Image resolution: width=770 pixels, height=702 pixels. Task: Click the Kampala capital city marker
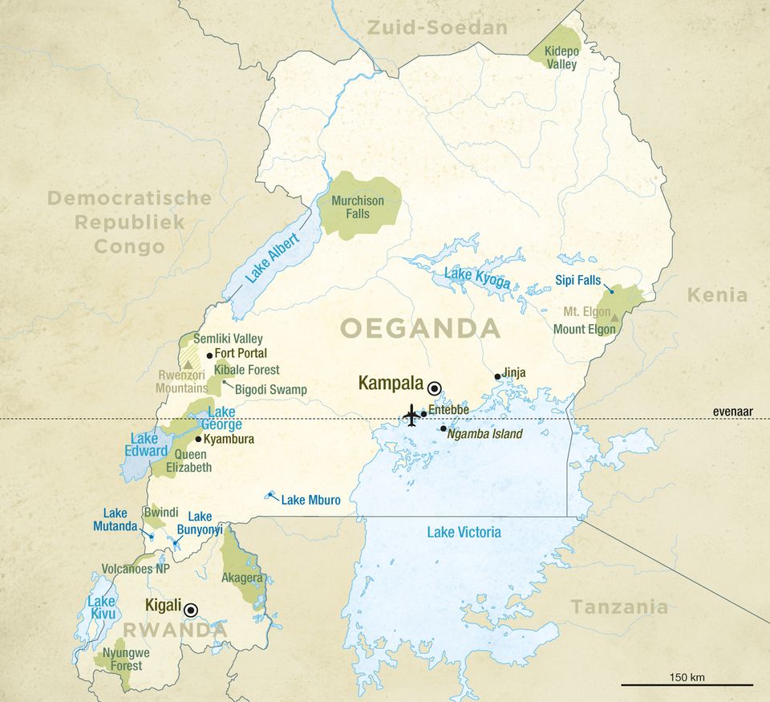[x=435, y=388]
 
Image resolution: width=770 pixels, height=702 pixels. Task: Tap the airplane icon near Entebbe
[x=411, y=416]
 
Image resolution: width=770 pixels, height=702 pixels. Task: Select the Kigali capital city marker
[x=191, y=610]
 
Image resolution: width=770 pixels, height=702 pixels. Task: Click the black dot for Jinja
[x=497, y=376]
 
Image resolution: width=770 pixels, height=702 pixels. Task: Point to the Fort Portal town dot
[x=209, y=355]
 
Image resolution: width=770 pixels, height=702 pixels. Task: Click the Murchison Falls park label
[x=358, y=207]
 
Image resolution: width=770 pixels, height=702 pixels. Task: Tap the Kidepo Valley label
[x=561, y=58]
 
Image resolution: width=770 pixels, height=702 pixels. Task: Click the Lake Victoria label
[x=464, y=532]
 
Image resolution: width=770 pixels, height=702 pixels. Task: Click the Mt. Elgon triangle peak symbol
[x=615, y=318]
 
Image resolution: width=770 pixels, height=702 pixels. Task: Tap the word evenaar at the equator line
[x=734, y=412]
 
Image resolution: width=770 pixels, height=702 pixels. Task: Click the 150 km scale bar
[x=687, y=684]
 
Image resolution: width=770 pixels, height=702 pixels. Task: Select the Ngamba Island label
[x=485, y=434]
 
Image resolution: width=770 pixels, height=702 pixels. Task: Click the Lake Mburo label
[x=310, y=500]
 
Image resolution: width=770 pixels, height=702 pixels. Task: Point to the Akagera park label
[x=241, y=577]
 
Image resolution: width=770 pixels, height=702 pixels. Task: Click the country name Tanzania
[x=618, y=607]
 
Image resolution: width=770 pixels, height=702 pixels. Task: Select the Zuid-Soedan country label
[x=437, y=28]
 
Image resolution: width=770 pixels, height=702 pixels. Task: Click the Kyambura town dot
[x=198, y=439]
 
